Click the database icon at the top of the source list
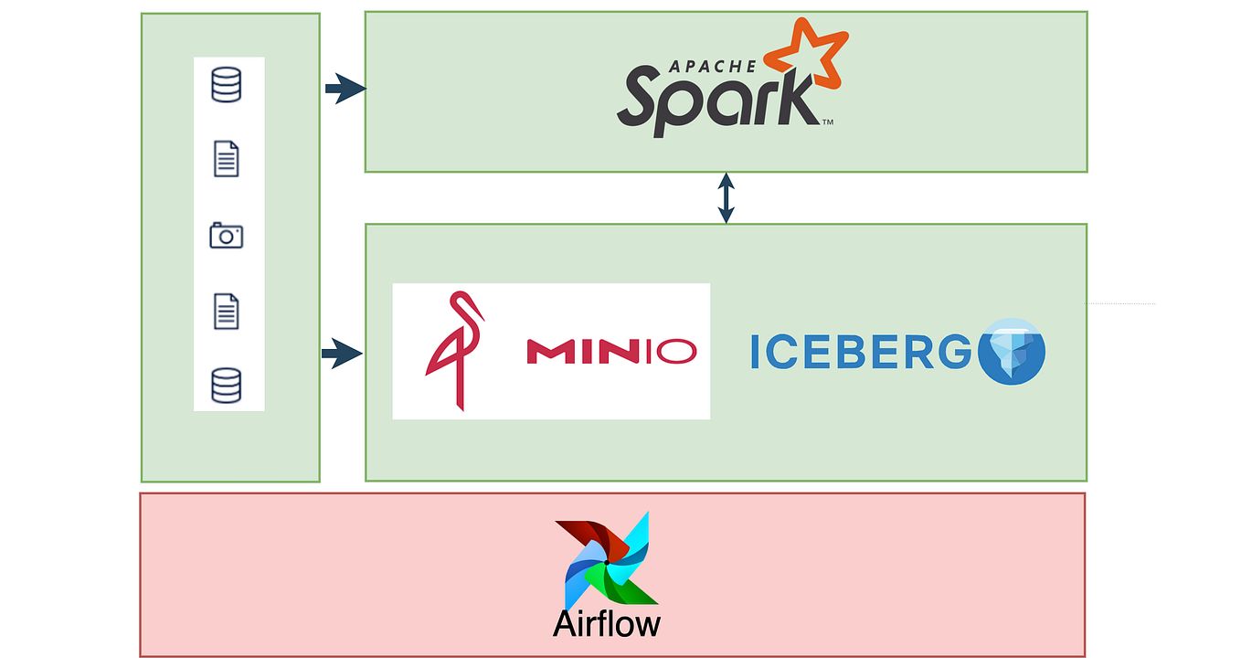coord(227,85)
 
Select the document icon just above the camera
coord(227,159)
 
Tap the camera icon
coord(227,236)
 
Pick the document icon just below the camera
coord(227,311)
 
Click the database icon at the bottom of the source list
coord(227,385)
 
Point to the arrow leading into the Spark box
coord(345,89)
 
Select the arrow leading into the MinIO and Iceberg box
coord(342,354)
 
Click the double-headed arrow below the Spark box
coord(726,197)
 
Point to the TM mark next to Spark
coord(827,122)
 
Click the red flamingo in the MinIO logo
coord(454,350)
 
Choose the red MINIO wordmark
coord(610,351)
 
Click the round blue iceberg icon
coord(1011,352)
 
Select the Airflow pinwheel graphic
coord(607,560)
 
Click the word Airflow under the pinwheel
coord(606,623)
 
